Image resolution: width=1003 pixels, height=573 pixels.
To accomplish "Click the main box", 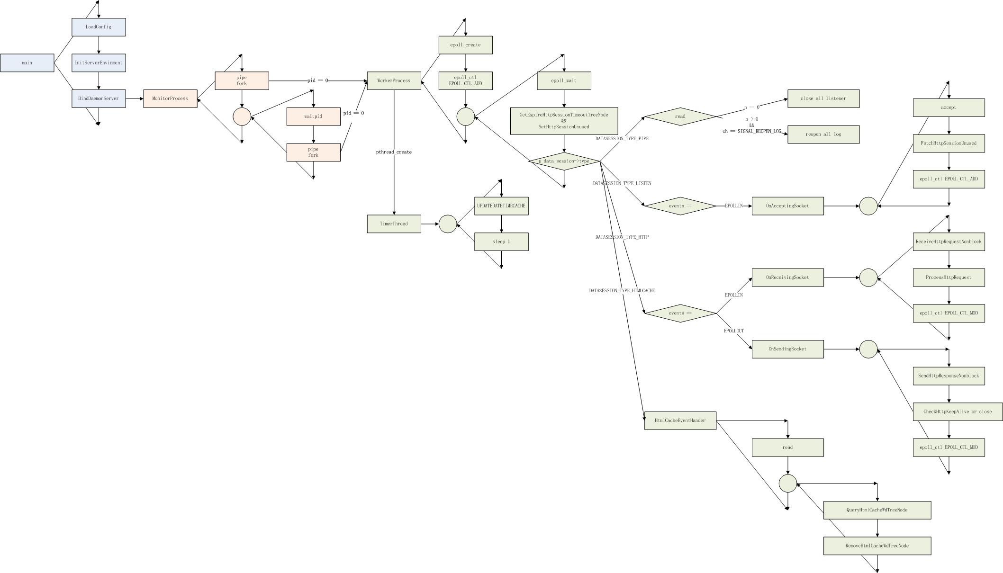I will [x=27, y=63].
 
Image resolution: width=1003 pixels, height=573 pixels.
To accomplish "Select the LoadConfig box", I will [x=99, y=27].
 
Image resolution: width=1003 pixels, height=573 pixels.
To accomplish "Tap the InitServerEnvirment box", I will [x=99, y=63].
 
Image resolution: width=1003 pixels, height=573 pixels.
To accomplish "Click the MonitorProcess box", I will [x=170, y=98].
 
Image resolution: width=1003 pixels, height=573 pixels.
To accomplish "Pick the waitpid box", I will [x=313, y=116].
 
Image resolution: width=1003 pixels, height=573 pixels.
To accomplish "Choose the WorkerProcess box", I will [x=394, y=81].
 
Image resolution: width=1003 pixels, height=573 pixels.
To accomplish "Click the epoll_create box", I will [x=465, y=45].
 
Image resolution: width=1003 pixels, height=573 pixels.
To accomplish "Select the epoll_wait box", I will [x=564, y=81].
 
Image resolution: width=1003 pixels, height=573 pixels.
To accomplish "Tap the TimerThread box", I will [x=394, y=224].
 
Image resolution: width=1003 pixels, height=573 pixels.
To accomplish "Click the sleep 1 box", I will [x=501, y=242].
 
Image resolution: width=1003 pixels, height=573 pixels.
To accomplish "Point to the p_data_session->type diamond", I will [x=564, y=161].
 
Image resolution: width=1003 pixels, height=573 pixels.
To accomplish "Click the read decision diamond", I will [x=680, y=116].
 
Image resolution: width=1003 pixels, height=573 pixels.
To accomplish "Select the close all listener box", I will [x=823, y=98].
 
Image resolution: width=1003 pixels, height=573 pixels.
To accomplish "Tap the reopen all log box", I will [x=823, y=134].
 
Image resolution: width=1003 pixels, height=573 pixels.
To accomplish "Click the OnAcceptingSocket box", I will [x=787, y=206].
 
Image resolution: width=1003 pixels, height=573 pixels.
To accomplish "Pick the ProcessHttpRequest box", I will [x=949, y=278].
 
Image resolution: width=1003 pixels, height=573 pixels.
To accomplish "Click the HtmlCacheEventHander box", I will [x=680, y=421].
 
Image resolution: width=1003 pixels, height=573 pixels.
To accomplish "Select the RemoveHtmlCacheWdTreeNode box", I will [x=877, y=546].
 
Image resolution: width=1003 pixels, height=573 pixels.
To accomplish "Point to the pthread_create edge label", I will [x=394, y=152].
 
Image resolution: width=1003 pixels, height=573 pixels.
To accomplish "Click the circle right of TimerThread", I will [x=448, y=224].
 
